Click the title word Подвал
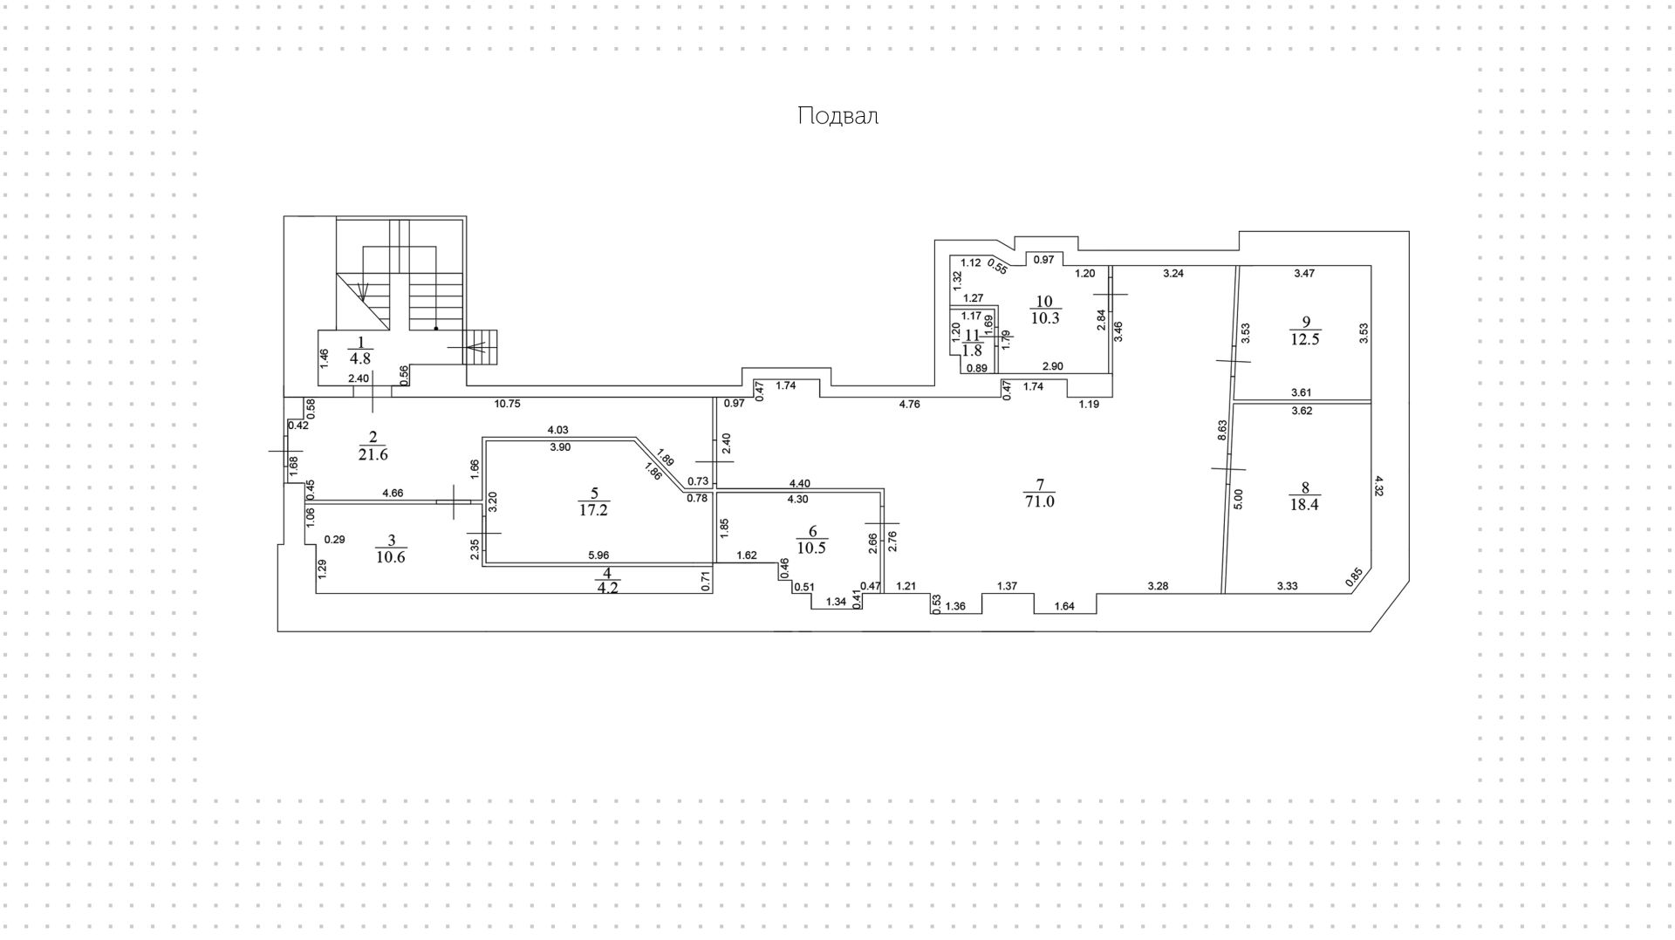pos(837,116)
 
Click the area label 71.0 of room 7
pos(1040,501)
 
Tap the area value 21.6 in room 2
pos(373,454)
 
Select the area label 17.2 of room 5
pos(593,510)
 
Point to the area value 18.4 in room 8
pos(1304,504)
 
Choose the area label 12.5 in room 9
pos(1305,339)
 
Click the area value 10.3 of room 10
pos(1045,318)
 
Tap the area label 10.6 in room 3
pos(390,557)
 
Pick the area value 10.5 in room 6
pos(812,548)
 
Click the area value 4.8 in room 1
pos(360,357)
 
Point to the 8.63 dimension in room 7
pos(1222,431)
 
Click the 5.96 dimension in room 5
pos(598,555)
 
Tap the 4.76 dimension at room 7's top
pos(909,404)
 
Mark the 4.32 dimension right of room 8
pos(1378,486)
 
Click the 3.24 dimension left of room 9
pos(1173,273)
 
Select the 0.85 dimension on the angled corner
pos(1353,577)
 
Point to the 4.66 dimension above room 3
pos(393,493)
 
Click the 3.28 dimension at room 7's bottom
pos(1158,585)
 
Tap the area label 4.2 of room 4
pos(606,587)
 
